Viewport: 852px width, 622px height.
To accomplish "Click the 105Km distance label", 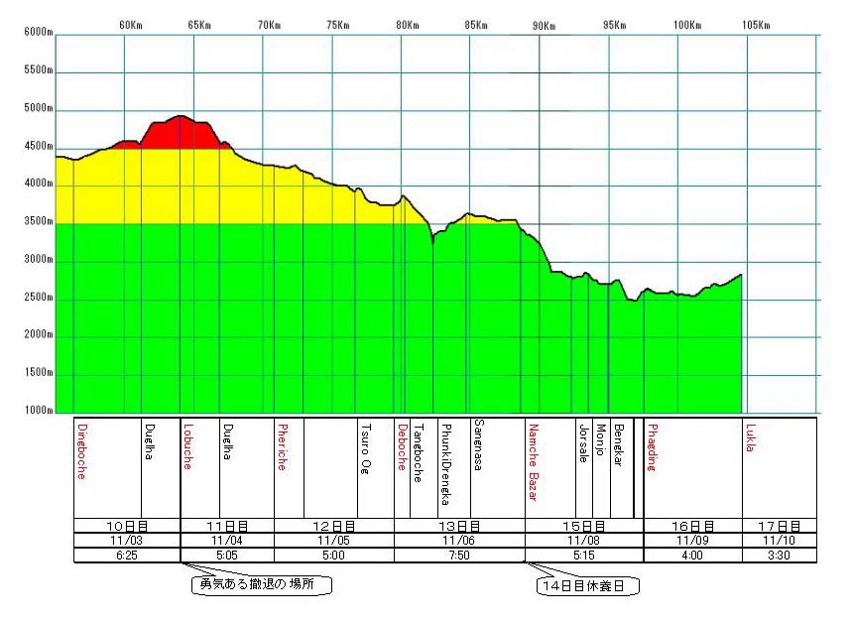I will point(756,25).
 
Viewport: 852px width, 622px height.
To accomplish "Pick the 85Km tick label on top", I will point(476,25).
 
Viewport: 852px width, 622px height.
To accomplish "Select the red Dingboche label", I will point(80,451).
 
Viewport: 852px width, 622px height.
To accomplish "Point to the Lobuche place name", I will point(186,445).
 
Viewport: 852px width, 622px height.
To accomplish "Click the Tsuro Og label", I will point(365,448).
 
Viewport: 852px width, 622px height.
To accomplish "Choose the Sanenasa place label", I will point(477,447).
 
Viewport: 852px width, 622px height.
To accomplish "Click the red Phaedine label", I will point(652,448).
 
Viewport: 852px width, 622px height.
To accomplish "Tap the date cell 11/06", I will point(459,541).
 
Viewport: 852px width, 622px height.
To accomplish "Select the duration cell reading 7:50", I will point(459,556).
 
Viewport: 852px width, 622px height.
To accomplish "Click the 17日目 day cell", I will point(780,526).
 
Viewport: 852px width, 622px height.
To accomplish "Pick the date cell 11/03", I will point(127,541).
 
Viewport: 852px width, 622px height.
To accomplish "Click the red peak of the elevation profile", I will point(180,129).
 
